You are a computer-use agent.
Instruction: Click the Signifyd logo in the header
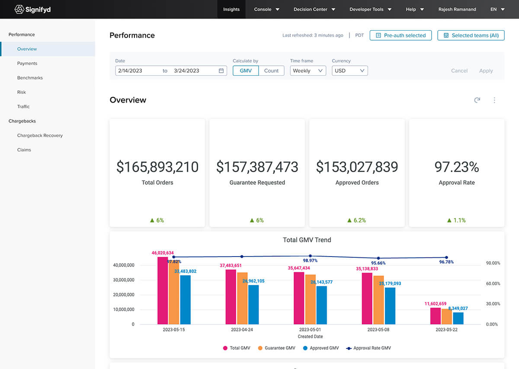(x=32, y=9)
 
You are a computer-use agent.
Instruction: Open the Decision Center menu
(x=314, y=9)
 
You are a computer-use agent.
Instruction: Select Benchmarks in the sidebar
(x=30, y=78)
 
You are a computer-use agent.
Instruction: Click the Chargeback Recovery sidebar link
(x=40, y=135)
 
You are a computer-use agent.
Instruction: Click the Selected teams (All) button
(x=471, y=35)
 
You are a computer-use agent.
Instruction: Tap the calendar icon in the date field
(x=221, y=71)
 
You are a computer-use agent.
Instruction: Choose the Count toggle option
(x=271, y=71)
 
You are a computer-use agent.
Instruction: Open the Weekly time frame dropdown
(x=308, y=71)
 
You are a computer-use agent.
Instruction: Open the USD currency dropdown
(x=349, y=71)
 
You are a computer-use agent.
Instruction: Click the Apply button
(x=486, y=71)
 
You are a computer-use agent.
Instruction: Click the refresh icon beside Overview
(x=477, y=100)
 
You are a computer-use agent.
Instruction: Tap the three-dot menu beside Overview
(x=494, y=100)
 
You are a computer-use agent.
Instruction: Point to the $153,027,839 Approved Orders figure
(x=357, y=167)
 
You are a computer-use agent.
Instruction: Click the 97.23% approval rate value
(x=457, y=167)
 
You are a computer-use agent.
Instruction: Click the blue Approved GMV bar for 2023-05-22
(x=458, y=318)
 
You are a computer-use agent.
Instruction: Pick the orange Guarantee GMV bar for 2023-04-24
(x=242, y=298)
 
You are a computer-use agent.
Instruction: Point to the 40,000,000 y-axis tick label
(x=123, y=265)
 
